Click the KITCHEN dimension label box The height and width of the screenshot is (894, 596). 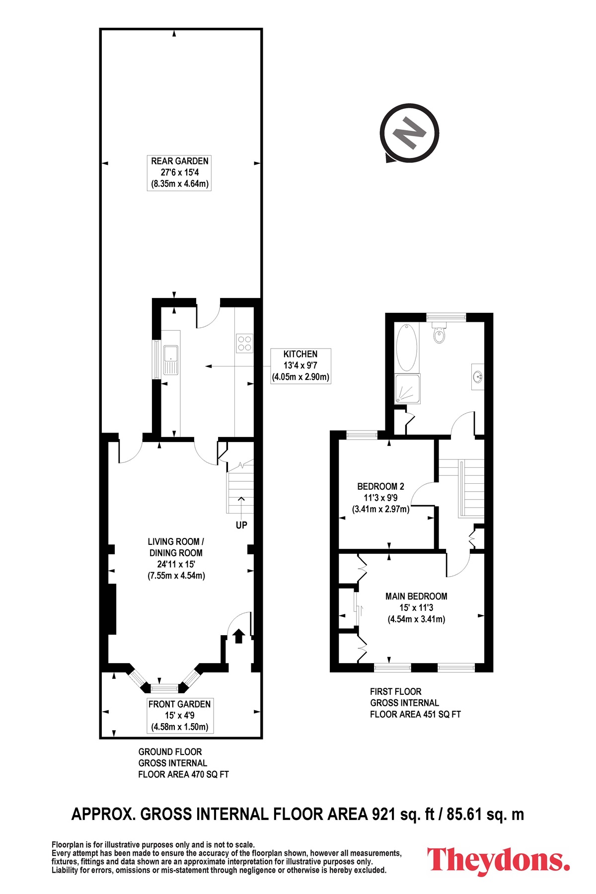300,366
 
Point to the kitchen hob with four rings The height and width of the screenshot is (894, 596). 245,343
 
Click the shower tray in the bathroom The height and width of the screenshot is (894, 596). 407,389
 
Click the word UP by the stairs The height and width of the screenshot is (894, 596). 241,525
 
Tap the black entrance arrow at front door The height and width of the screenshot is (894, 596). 239,636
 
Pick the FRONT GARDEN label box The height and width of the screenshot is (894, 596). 179,716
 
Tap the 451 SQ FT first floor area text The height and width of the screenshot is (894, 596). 442,714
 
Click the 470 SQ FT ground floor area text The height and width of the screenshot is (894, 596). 210,774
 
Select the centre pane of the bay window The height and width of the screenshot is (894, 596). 164,688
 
